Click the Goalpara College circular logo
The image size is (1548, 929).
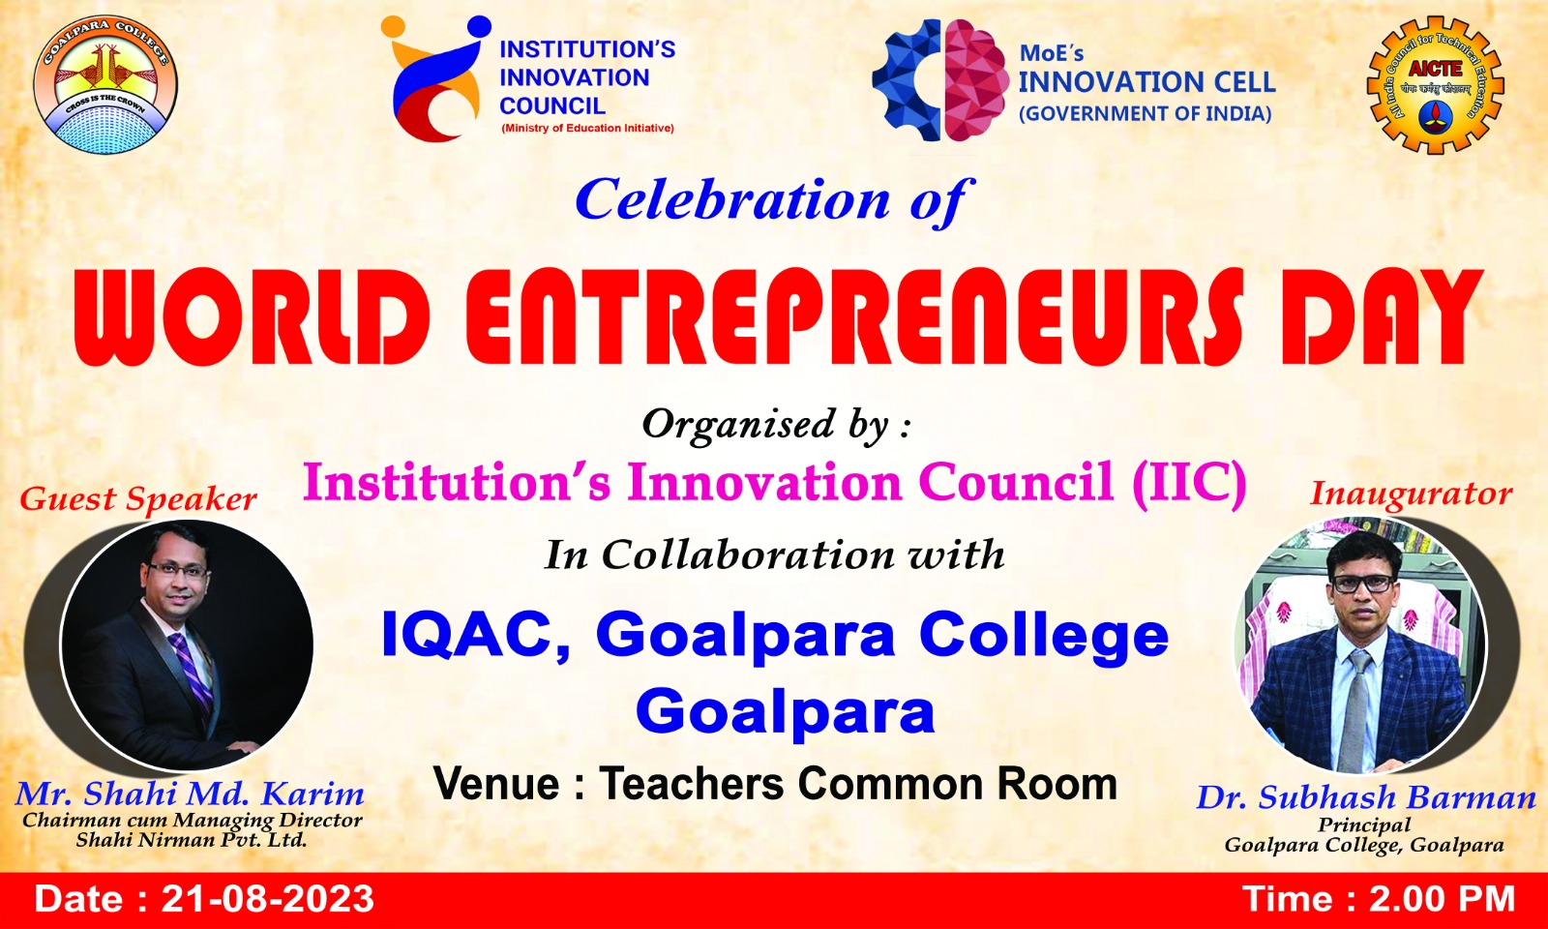point(105,84)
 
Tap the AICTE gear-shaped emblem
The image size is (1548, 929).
point(1436,85)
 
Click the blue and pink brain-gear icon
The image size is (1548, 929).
point(939,80)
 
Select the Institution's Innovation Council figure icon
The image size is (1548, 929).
point(435,78)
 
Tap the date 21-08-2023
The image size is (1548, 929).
point(267,899)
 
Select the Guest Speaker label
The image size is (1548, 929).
point(138,499)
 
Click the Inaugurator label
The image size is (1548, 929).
point(1412,494)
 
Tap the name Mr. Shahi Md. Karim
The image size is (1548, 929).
point(190,794)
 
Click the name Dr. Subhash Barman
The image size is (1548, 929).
point(1366,797)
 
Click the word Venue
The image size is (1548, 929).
point(495,785)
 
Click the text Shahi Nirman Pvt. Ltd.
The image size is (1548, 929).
point(191,841)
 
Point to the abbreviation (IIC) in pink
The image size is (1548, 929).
point(1189,483)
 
